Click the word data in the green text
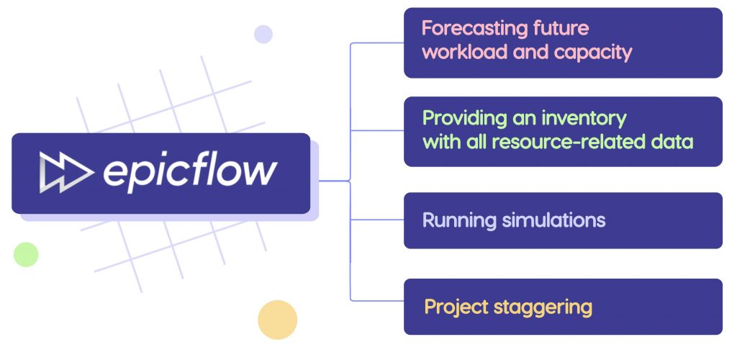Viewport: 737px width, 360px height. [x=672, y=141]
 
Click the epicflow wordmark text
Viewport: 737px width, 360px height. [x=189, y=172]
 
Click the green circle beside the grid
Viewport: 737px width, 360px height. [x=26, y=254]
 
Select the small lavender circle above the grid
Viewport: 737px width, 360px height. [x=263, y=34]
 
